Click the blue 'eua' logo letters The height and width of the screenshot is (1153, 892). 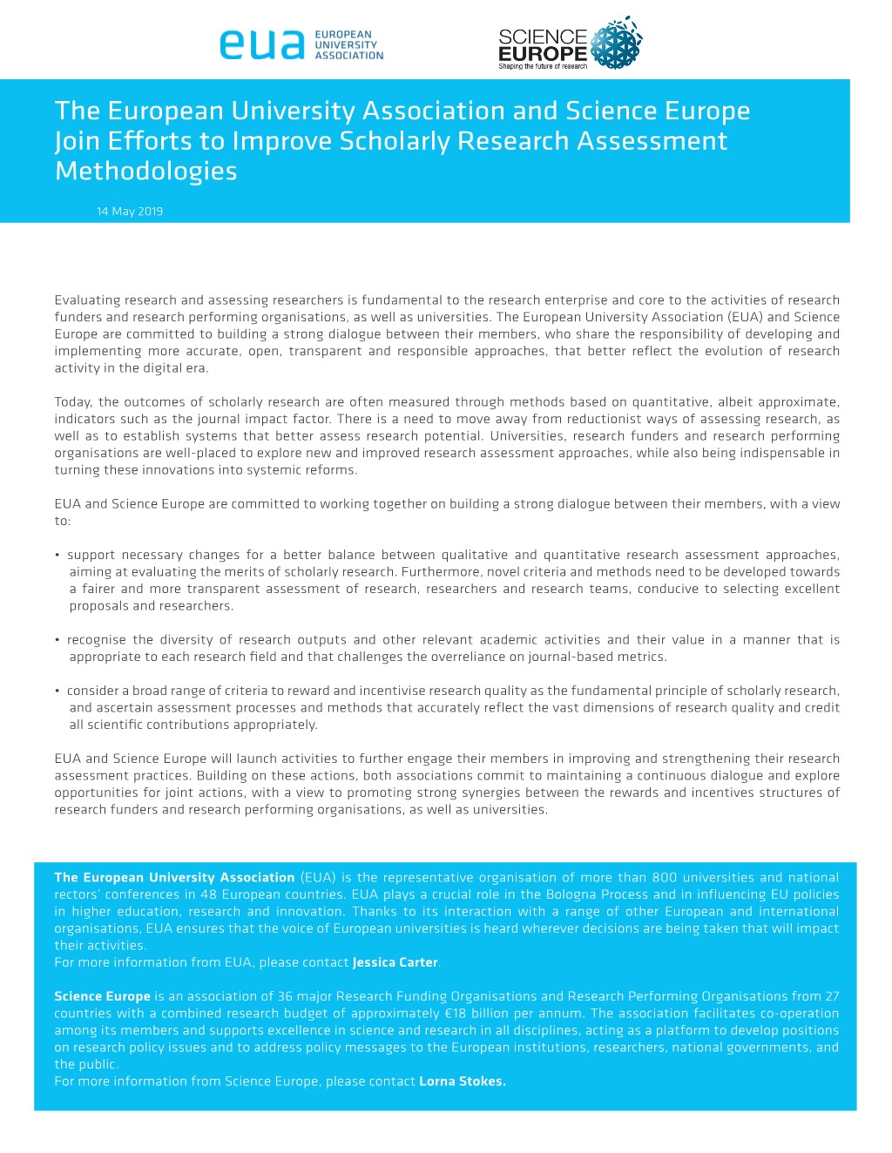point(262,45)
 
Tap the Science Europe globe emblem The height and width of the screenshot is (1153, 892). point(617,43)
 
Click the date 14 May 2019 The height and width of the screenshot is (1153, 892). point(130,212)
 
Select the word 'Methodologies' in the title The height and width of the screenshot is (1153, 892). point(146,171)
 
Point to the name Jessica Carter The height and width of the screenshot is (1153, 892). point(395,962)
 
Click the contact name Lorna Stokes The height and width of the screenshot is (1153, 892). point(462,1081)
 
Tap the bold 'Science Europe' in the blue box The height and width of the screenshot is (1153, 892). point(102,996)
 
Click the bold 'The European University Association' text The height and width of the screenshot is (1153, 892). point(174,878)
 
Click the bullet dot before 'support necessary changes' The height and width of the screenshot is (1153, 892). point(57,556)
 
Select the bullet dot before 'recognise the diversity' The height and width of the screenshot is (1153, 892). point(57,640)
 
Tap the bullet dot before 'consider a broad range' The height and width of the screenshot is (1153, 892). point(57,691)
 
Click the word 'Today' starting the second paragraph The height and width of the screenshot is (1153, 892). point(73,402)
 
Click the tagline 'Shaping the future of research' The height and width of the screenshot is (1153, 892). point(543,66)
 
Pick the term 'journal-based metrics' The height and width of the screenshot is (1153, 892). point(594,657)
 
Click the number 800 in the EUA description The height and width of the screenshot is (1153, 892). point(664,878)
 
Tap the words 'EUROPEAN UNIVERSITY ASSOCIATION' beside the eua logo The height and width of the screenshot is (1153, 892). point(348,45)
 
